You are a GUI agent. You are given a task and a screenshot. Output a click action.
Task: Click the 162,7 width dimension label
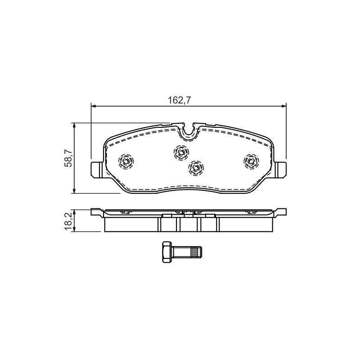(180, 100)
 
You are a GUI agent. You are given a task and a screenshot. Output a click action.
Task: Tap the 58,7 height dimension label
(68, 158)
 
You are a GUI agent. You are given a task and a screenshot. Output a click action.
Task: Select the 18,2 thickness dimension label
(68, 221)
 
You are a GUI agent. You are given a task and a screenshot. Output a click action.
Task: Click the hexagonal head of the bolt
(166, 252)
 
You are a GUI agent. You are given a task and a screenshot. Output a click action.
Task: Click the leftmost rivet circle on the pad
(126, 162)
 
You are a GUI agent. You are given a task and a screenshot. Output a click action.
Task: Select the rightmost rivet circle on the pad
(251, 162)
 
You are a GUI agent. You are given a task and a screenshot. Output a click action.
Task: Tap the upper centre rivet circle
(181, 152)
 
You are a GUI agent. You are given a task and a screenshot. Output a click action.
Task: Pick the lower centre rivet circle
(196, 167)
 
